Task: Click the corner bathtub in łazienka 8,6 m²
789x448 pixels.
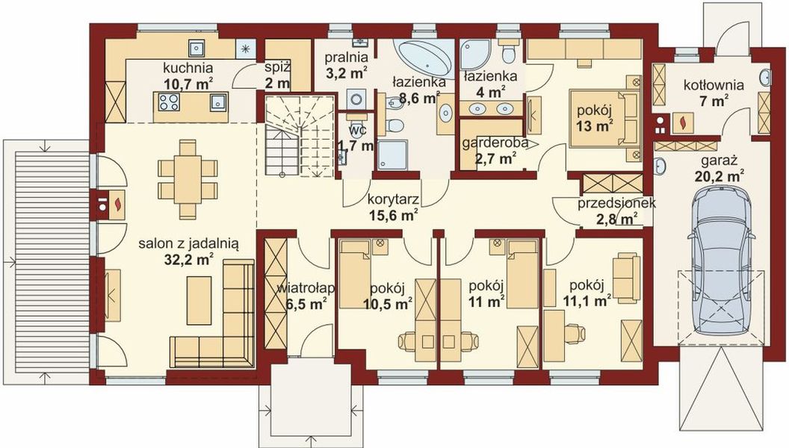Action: pyautogui.click(x=424, y=55)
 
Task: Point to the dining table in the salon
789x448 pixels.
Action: pyautogui.click(x=188, y=177)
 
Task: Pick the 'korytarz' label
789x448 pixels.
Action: pyautogui.click(x=392, y=200)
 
